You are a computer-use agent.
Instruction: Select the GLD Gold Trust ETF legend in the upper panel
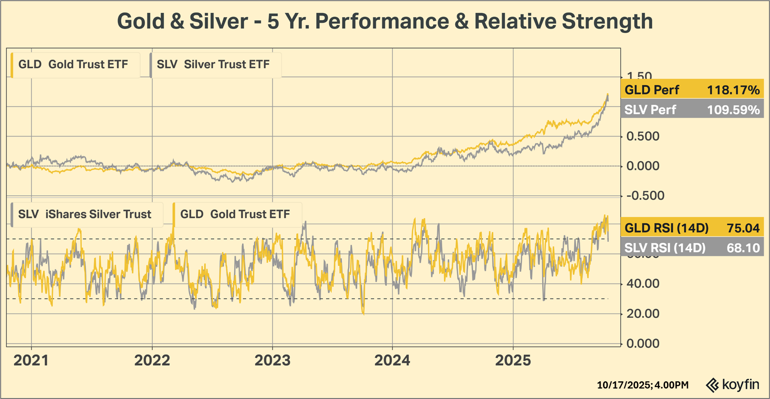73,64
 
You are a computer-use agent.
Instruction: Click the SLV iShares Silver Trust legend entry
85,214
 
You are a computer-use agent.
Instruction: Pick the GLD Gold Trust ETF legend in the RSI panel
235,214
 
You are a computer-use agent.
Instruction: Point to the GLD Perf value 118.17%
733,90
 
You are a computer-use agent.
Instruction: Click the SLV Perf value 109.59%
733,110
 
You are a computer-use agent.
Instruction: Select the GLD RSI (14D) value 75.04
743,228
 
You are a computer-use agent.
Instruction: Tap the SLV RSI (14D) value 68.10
743,248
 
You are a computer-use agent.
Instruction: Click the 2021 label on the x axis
31,360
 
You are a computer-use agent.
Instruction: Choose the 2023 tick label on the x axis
272,360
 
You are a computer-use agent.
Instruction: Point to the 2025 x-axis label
513,360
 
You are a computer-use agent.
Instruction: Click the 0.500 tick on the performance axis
643,136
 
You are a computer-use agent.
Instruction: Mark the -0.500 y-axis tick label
645,196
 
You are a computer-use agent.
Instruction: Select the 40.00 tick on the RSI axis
643,283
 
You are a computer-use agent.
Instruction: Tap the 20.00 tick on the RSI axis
643,314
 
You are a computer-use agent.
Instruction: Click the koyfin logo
733,384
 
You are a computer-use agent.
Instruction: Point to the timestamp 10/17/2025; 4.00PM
643,385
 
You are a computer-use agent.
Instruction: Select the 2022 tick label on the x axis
152,360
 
